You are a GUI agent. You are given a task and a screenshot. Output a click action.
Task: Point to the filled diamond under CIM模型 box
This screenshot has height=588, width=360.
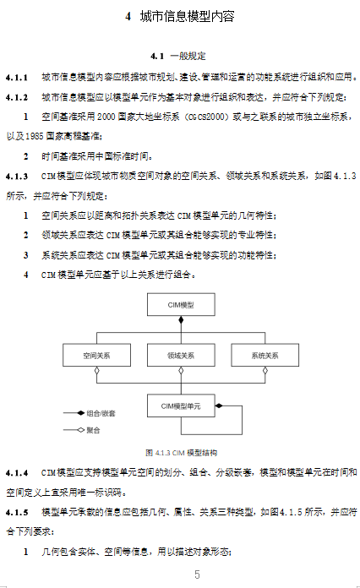[x=181, y=320]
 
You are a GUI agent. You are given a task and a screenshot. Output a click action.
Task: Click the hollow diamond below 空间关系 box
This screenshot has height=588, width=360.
[x=96, y=371]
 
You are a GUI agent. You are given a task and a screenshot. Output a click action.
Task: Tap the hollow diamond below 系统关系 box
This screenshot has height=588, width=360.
[x=265, y=371]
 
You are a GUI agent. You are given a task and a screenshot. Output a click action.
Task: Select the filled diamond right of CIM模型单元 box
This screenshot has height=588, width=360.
[x=219, y=406]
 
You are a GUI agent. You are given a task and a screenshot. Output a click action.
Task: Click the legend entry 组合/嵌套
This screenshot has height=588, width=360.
[x=90, y=413]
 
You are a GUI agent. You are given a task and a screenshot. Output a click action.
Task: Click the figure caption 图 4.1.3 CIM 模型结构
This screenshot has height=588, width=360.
[x=181, y=453]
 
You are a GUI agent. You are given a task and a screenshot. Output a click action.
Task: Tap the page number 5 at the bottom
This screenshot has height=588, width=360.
[x=197, y=574]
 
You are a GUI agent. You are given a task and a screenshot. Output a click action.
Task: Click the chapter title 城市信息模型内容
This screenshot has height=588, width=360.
[x=187, y=17]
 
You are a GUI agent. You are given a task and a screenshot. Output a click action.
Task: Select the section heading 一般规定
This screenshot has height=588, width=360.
[x=188, y=57]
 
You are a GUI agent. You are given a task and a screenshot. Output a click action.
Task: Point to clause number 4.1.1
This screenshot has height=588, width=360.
[x=17, y=78]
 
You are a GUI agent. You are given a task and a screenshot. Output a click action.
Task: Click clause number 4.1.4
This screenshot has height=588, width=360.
[x=17, y=473]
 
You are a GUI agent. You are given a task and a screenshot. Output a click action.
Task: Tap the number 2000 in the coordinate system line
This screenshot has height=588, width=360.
[x=106, y=117]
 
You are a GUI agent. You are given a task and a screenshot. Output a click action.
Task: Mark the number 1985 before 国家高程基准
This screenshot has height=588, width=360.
[x=35, y=137]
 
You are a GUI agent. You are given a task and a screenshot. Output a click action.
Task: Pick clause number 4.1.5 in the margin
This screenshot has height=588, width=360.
[x=17, y=512]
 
